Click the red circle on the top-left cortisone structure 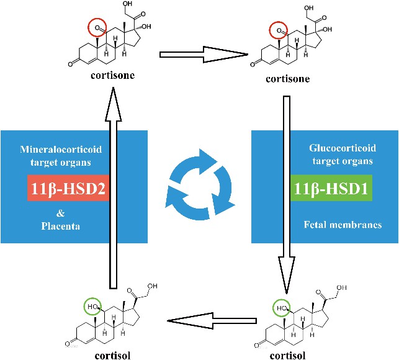coord(97,28)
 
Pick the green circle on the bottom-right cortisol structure coord(282,307)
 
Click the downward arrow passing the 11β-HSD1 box coord(286,192)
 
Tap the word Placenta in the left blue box coord(65,225)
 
